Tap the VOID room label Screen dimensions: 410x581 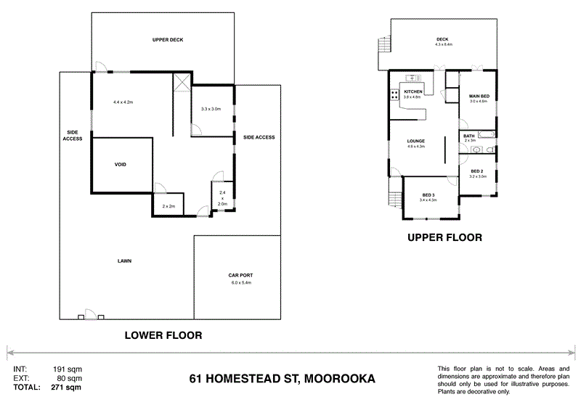[x=121, y=165]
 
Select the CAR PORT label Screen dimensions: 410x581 [x=240, y=276]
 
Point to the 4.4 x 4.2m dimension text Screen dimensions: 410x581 [x=123, y=102]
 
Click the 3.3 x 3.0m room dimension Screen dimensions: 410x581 [x=211, y=109]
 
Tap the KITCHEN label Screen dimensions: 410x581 [x=413, y=91]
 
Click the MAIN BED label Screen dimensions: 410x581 [x=478, y=96]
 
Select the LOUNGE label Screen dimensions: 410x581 [x=415, y=141]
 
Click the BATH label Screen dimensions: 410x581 [x=469, y=136]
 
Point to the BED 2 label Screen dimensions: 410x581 [x=477, y=171]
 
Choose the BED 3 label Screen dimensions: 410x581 [x=428, y=194]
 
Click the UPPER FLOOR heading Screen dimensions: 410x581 [x=444, y=237]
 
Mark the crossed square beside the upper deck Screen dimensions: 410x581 [x=182, y=82]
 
